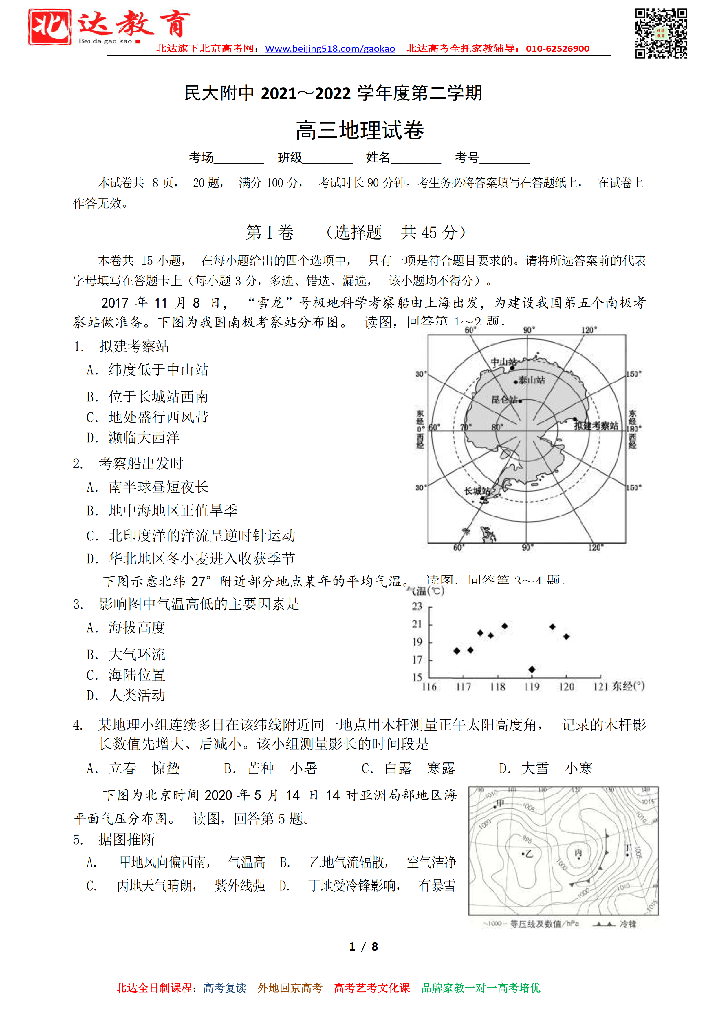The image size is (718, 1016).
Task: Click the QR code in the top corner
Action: [x=661, y=33]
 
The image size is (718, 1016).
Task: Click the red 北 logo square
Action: [x=50, y=27]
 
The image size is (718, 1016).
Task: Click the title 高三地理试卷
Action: [x=359, y=130]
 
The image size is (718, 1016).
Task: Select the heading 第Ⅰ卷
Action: [x=270, y=232]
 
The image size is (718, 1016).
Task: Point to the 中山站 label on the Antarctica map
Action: [x=503, y=361]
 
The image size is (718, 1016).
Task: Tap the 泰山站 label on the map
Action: [x=531, y=380]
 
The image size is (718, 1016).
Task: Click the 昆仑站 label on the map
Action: [x=504, y=400]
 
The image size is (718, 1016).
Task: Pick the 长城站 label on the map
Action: [x=477, y=490]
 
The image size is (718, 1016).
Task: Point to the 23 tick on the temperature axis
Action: [x=417, y=606]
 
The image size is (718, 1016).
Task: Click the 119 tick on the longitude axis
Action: [x=532, y=687]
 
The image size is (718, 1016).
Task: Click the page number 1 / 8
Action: [x=363, y=946]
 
